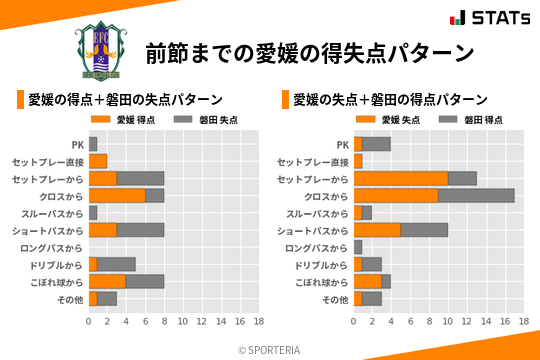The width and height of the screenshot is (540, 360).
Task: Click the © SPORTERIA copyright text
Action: pyautogui.click(x=270, y=350)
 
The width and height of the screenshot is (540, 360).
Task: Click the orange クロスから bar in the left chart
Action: pyautogui.click(x=117, y=196)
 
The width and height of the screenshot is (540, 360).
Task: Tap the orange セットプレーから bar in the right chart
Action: pyautogui.click(x=401, y=178)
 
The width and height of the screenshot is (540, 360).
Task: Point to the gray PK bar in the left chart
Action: pyautogui.click(x=93, y=144)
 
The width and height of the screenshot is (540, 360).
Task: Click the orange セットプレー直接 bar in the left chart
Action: pyautogui.click(x=98, y=161)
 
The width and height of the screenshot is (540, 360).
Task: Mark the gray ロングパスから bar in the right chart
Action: pyautogui.click(x=358, y=247)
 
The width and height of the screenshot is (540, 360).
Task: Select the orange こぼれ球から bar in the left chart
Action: pyautogui.click(x=107, y=282)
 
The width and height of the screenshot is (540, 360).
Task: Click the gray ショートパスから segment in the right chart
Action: pyautogui.click(x=424, y=230)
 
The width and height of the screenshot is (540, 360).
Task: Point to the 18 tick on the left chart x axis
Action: pyautogui.click(x=258, y=322)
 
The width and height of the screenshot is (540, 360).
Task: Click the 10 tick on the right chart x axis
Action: pyautogui.click(x=448, y=322)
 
